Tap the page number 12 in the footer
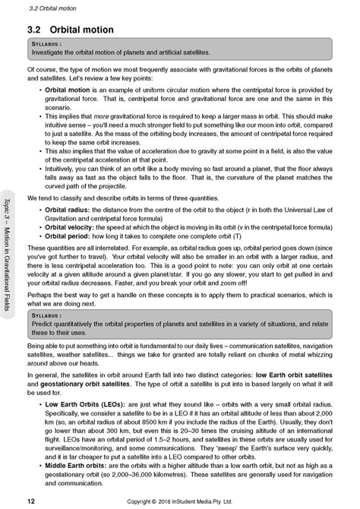[x=30, y=501]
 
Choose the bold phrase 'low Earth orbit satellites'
[x=293, y=376]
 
